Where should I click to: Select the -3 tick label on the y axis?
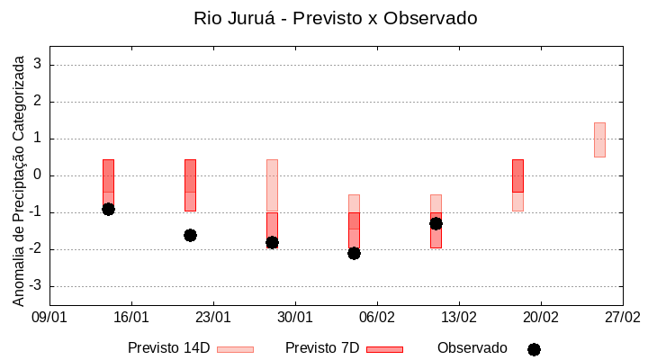pos(35,286)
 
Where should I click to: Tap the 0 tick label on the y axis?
pos(38,175)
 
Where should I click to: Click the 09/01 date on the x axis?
pos(49,317)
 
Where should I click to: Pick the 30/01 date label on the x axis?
pos(295,317)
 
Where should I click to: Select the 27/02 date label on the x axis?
pos(622,317)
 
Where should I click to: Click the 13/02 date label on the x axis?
pos(459,317)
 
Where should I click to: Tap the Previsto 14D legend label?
pos(168,348)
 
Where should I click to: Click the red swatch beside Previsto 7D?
pos(384,349)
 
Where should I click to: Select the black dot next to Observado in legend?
pos(534,349)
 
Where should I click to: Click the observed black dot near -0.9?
pos(108,209)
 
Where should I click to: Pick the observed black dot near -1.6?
pos(190,235)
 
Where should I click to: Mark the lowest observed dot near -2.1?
pos(354,253)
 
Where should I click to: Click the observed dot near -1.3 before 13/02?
pos(436,223)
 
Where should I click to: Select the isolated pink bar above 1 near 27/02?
pos(599,139)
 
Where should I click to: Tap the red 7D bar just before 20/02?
pos(517,175)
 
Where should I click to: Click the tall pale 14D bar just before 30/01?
pos(272,185)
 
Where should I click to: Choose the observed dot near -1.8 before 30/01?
pos(272,242)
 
